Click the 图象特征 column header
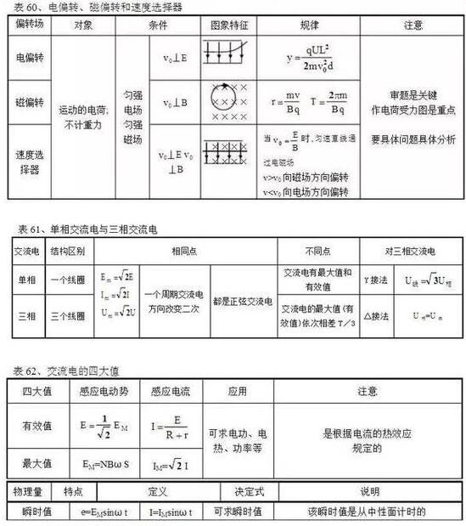point(227,25)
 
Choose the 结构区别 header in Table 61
point(67,252)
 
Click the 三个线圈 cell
point(67,315)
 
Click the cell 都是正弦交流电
point(243,301)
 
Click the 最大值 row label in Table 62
point(36,463)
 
